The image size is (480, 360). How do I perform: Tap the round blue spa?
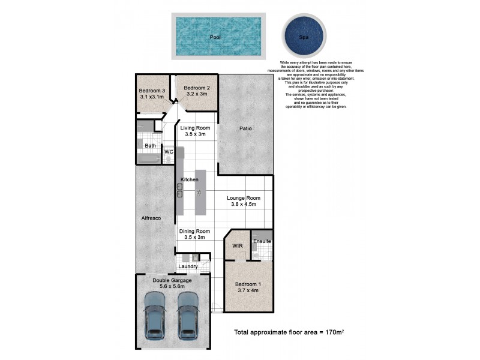coord(304,36)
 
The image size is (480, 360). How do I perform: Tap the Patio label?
coord(246,128)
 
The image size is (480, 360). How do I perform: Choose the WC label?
coord(169,152)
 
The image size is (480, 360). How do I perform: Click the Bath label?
coord(150,146)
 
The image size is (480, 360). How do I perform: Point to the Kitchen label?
coord(190,179)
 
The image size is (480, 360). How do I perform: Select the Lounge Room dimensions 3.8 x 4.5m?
coord(243,205)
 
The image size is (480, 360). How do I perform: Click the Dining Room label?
coord(194,231)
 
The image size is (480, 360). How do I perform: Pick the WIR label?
coord(236,245)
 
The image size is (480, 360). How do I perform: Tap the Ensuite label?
coord(262,241)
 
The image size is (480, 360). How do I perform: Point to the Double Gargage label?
coord(172,280)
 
